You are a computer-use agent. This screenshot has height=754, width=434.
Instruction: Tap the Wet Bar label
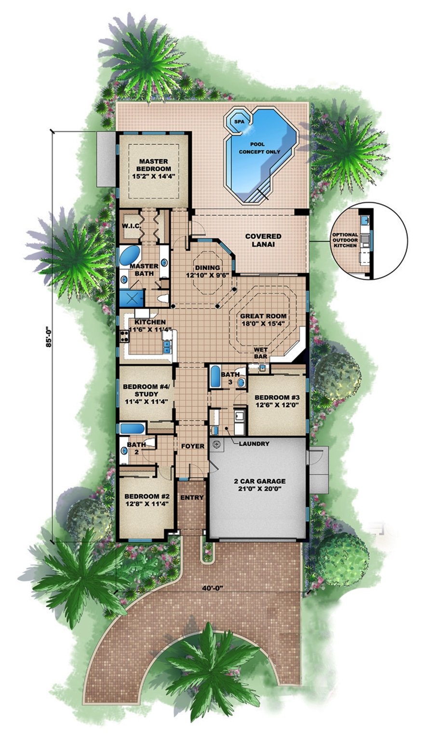click(x=261, y=353)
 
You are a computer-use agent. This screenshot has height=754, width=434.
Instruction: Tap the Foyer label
click(x=192, y=446)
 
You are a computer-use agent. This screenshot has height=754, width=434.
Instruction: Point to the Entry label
click(x=192, y=497)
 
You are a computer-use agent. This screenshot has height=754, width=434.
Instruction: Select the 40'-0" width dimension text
click(x=210, y=587)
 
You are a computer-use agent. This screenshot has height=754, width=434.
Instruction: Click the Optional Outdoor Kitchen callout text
click(x=344, y=240)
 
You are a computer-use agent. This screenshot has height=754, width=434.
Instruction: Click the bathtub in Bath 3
click(x=215, y=377)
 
